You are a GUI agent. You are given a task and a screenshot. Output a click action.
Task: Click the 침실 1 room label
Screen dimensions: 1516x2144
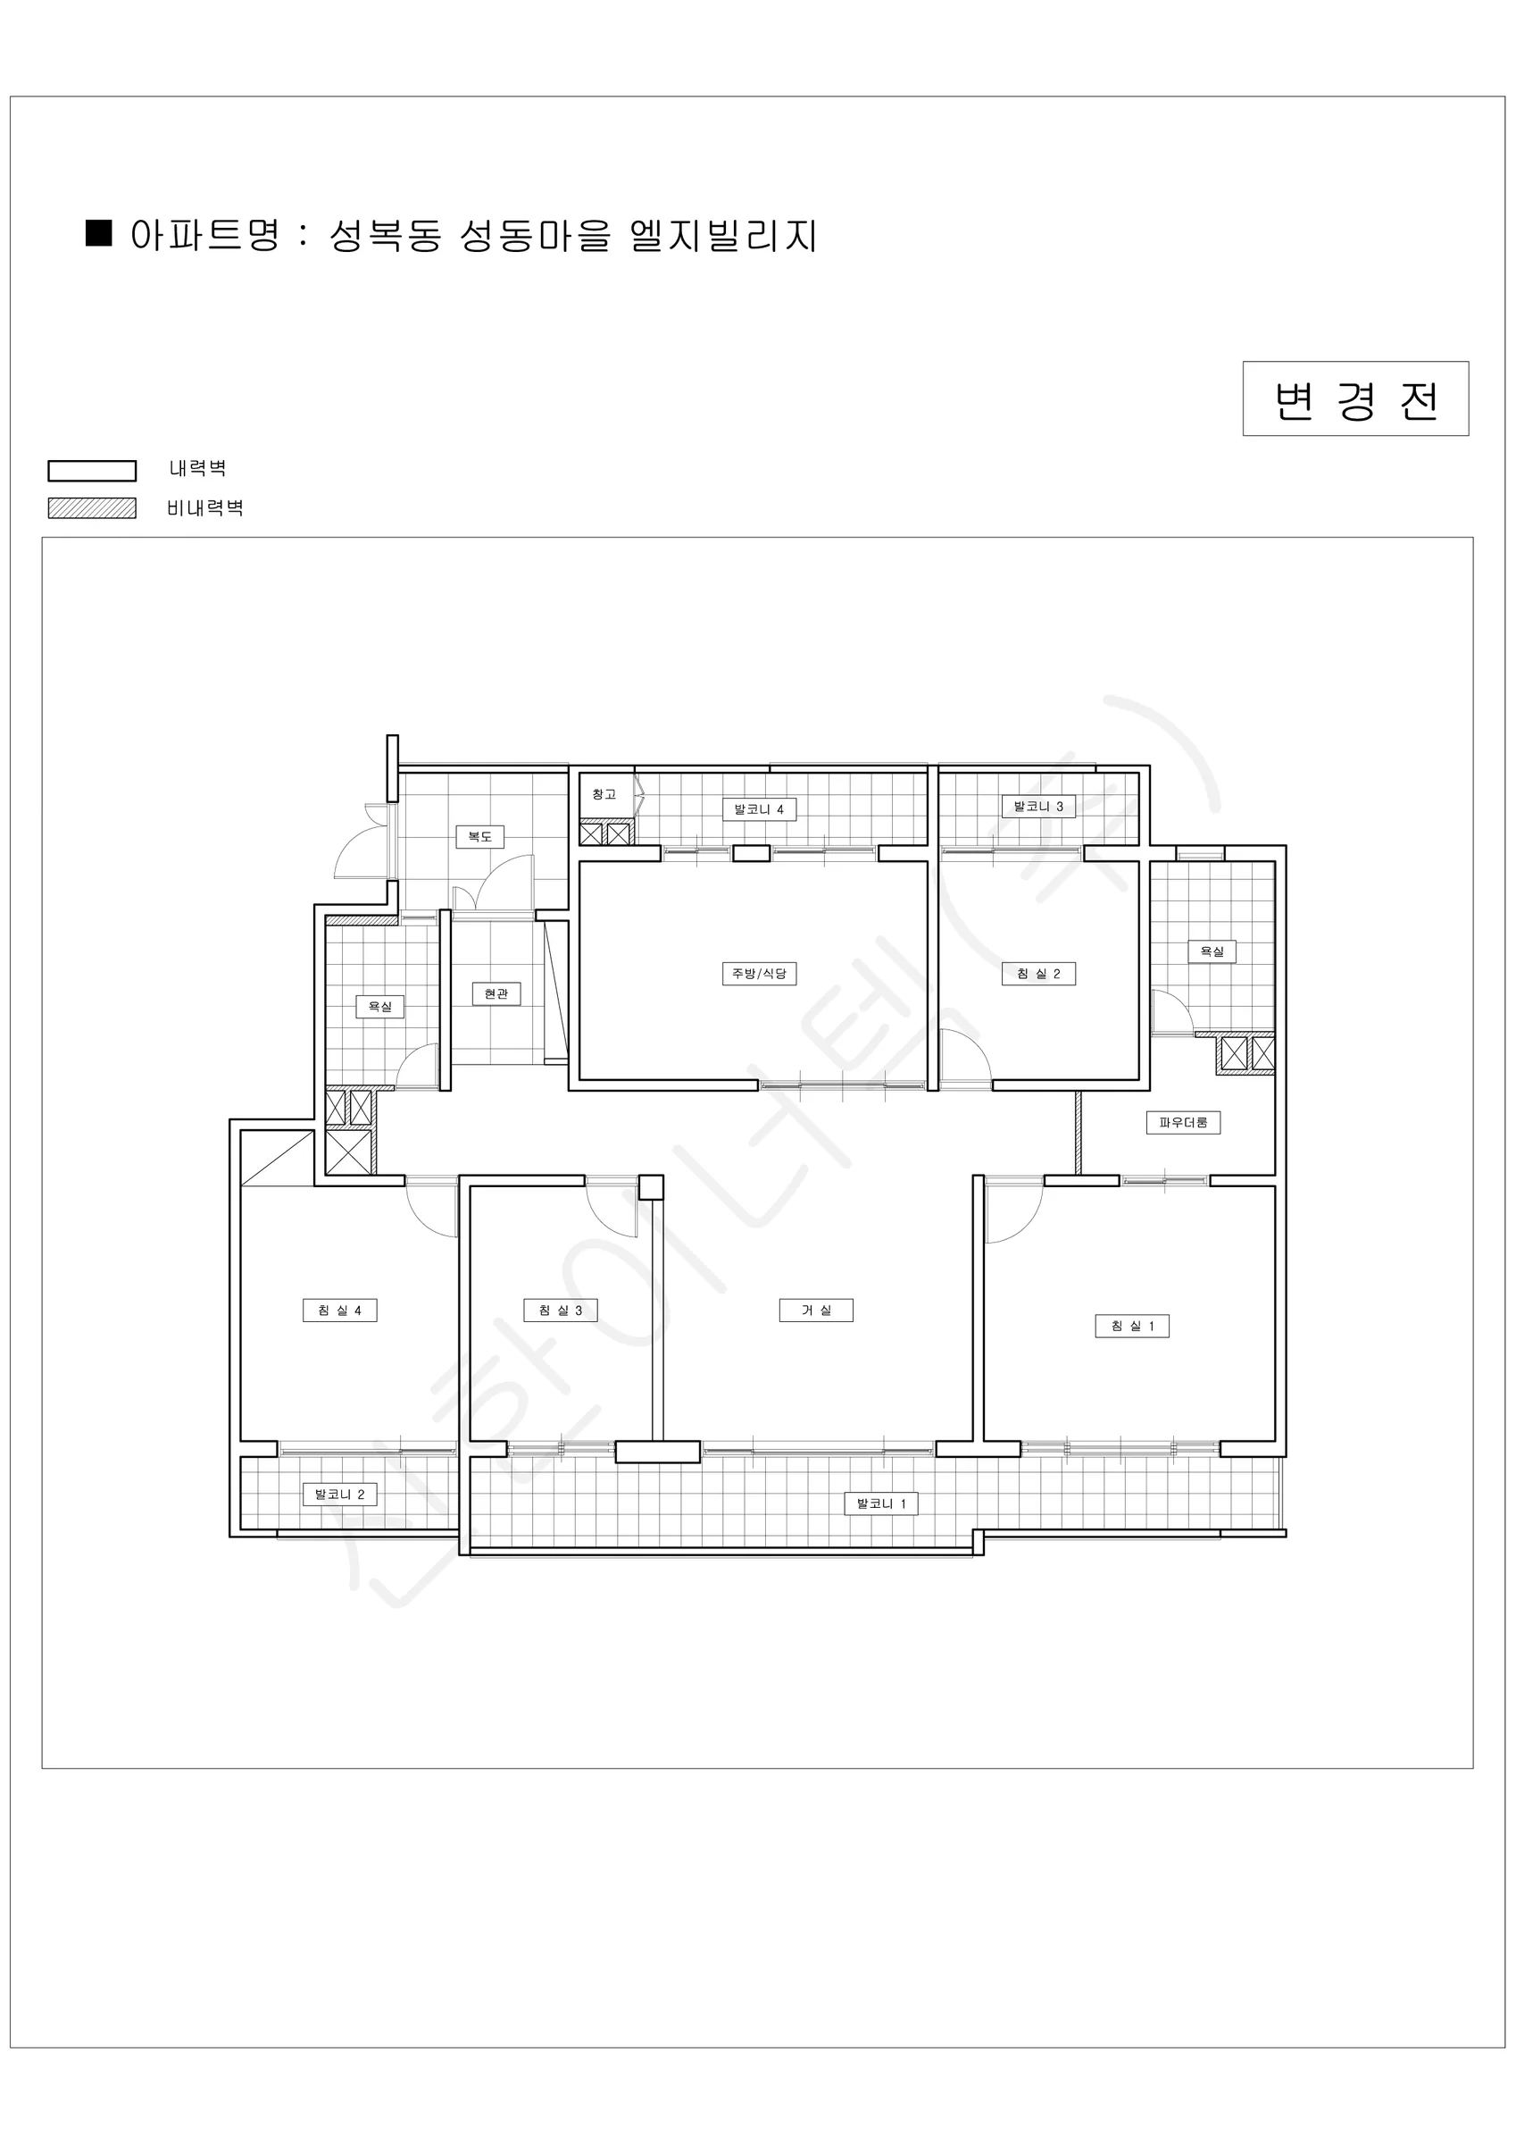point(1131,1326)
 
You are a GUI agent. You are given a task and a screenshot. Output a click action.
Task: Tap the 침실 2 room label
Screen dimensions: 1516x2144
point(1038,974)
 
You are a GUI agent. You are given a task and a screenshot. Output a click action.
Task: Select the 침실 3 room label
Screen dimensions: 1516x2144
point(560,1311)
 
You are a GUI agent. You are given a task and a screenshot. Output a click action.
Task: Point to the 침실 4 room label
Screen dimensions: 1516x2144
point(339,1311)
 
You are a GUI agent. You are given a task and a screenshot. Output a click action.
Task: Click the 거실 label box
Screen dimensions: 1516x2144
point(816,1311)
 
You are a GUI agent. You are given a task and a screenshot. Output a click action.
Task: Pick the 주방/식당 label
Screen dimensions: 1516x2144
point(759,974)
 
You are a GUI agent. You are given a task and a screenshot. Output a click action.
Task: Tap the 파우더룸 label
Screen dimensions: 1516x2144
point(1183,1122)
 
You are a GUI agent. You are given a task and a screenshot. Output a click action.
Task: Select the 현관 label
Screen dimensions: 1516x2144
point(496,993)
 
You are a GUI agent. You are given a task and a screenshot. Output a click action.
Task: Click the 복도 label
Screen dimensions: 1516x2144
point(479,837)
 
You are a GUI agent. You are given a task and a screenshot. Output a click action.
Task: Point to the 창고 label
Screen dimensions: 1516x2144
point(604,795)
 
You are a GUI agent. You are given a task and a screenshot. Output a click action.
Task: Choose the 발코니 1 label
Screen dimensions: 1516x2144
point(881,1503)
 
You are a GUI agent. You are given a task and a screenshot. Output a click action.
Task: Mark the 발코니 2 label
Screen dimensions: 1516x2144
point(339,1494)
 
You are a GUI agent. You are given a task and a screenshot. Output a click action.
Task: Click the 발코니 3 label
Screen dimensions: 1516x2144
point(1038,807)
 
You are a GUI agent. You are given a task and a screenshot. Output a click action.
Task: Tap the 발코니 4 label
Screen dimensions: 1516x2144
point(759,809)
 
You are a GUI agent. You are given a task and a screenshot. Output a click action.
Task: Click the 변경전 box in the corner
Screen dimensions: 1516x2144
point(1355,398)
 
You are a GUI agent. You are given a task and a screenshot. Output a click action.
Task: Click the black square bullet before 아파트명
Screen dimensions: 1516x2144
point(99,232)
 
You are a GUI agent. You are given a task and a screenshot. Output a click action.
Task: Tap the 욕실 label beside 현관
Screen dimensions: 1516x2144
point(380,1007)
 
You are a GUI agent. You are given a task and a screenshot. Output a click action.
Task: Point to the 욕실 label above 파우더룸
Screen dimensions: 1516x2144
point(1212,951)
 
